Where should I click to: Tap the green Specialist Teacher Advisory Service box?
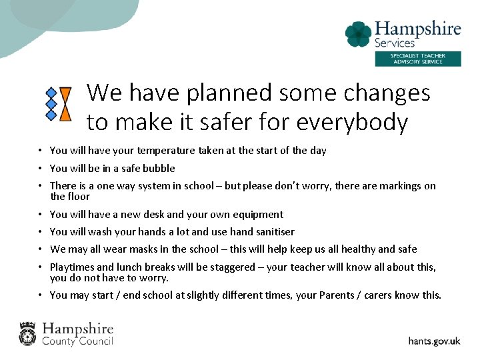tap(417, 59)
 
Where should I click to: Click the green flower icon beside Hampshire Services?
tap(358, 34)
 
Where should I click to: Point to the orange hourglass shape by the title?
tap(65, 104)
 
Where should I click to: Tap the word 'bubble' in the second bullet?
tap(159, 168)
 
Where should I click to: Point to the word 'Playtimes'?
tap(73, 267)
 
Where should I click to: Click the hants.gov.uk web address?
tap(434, 341)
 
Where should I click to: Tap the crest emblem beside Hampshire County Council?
tap(27, 333)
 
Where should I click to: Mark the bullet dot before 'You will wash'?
tap(41, 232)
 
